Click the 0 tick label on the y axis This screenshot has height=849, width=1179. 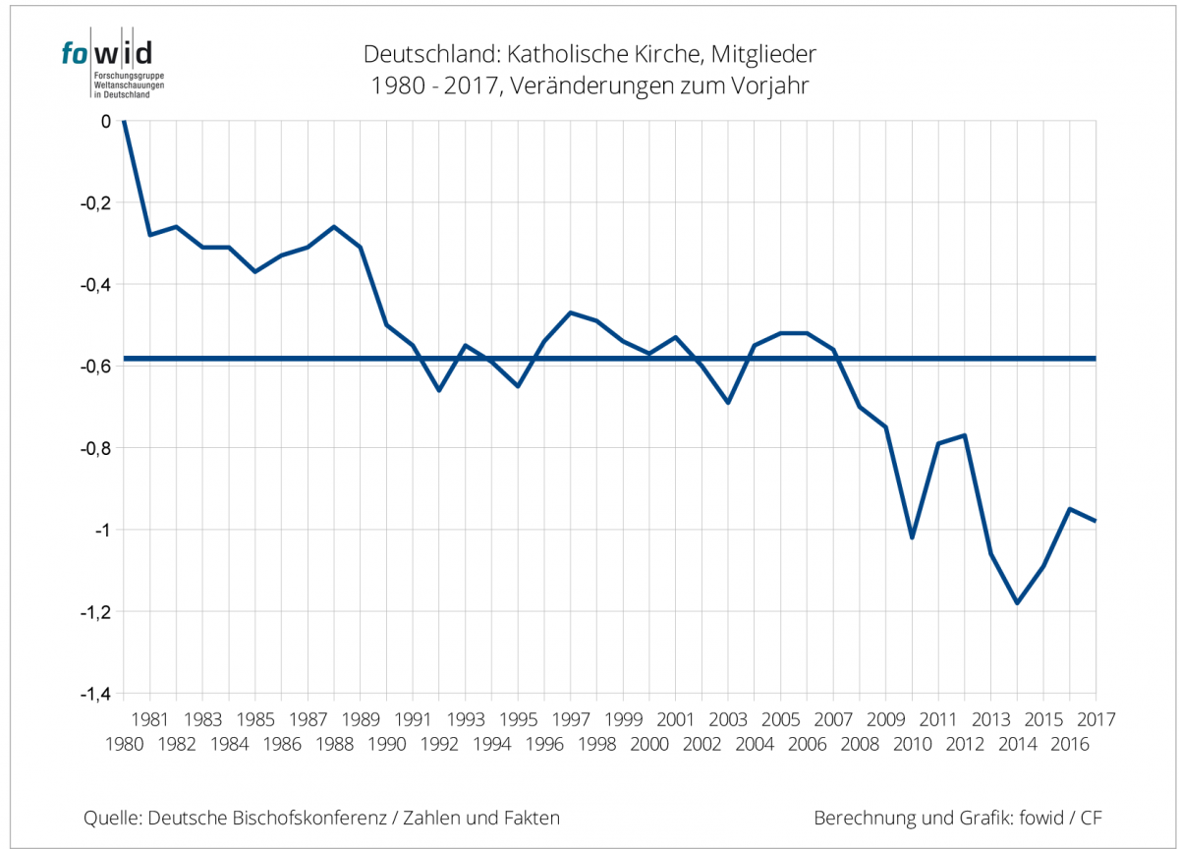click(105, 121)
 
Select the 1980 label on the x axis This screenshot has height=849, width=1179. click(124, 745)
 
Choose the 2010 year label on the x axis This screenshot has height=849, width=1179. click(912, 745)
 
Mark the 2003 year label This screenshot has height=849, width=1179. click(728, 718)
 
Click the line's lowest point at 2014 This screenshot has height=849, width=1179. click(1017, 603)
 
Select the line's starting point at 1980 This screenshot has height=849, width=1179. click(123, 121)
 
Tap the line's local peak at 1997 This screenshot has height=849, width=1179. click(571, 312)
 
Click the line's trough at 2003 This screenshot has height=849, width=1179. click(728, 403)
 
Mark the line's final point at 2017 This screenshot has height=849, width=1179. click(1095, 521)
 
